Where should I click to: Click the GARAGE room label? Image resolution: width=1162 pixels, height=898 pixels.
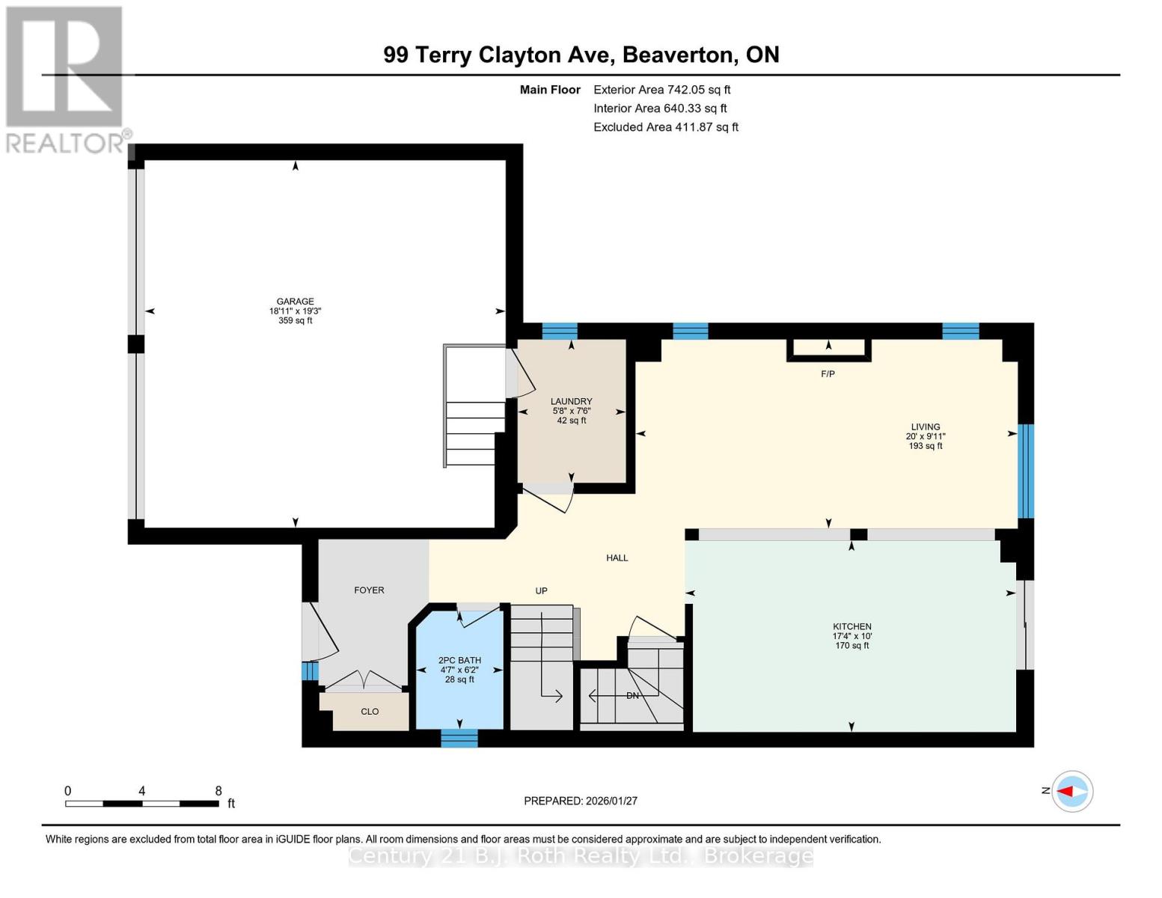[295, 302]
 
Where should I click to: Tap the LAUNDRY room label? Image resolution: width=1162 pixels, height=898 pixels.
[571, 402]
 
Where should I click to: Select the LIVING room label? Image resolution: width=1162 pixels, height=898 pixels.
[925, 427]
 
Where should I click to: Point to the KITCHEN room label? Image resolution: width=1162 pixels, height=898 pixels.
[851, 627]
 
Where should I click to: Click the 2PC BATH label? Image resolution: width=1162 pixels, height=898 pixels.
[459, 661]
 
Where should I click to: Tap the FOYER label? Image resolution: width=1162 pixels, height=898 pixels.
[369, 590]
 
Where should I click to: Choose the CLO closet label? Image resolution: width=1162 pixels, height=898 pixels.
[370, 712]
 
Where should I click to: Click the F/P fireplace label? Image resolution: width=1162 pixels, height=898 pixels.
[828, 374]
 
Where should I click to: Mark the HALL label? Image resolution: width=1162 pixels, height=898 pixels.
[617, 558]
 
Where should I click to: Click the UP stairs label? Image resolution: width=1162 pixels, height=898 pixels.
[541, 591]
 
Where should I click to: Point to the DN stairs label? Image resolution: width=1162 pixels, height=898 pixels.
[632, 696]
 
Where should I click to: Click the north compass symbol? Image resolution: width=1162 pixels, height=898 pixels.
[1071, 791]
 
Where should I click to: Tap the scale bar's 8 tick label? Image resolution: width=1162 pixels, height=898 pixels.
[218, 791]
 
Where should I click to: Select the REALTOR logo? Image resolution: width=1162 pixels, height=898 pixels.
[65, 79]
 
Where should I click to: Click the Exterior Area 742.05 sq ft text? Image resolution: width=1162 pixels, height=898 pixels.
[661, 90]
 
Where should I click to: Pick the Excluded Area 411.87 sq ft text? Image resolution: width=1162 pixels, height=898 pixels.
[665, 127]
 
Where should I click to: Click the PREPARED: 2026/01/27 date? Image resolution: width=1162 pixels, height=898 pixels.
[580, 801]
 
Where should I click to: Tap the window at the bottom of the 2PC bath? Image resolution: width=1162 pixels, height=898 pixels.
[459, 739]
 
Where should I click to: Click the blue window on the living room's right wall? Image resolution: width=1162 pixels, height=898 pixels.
[1025, 471]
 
